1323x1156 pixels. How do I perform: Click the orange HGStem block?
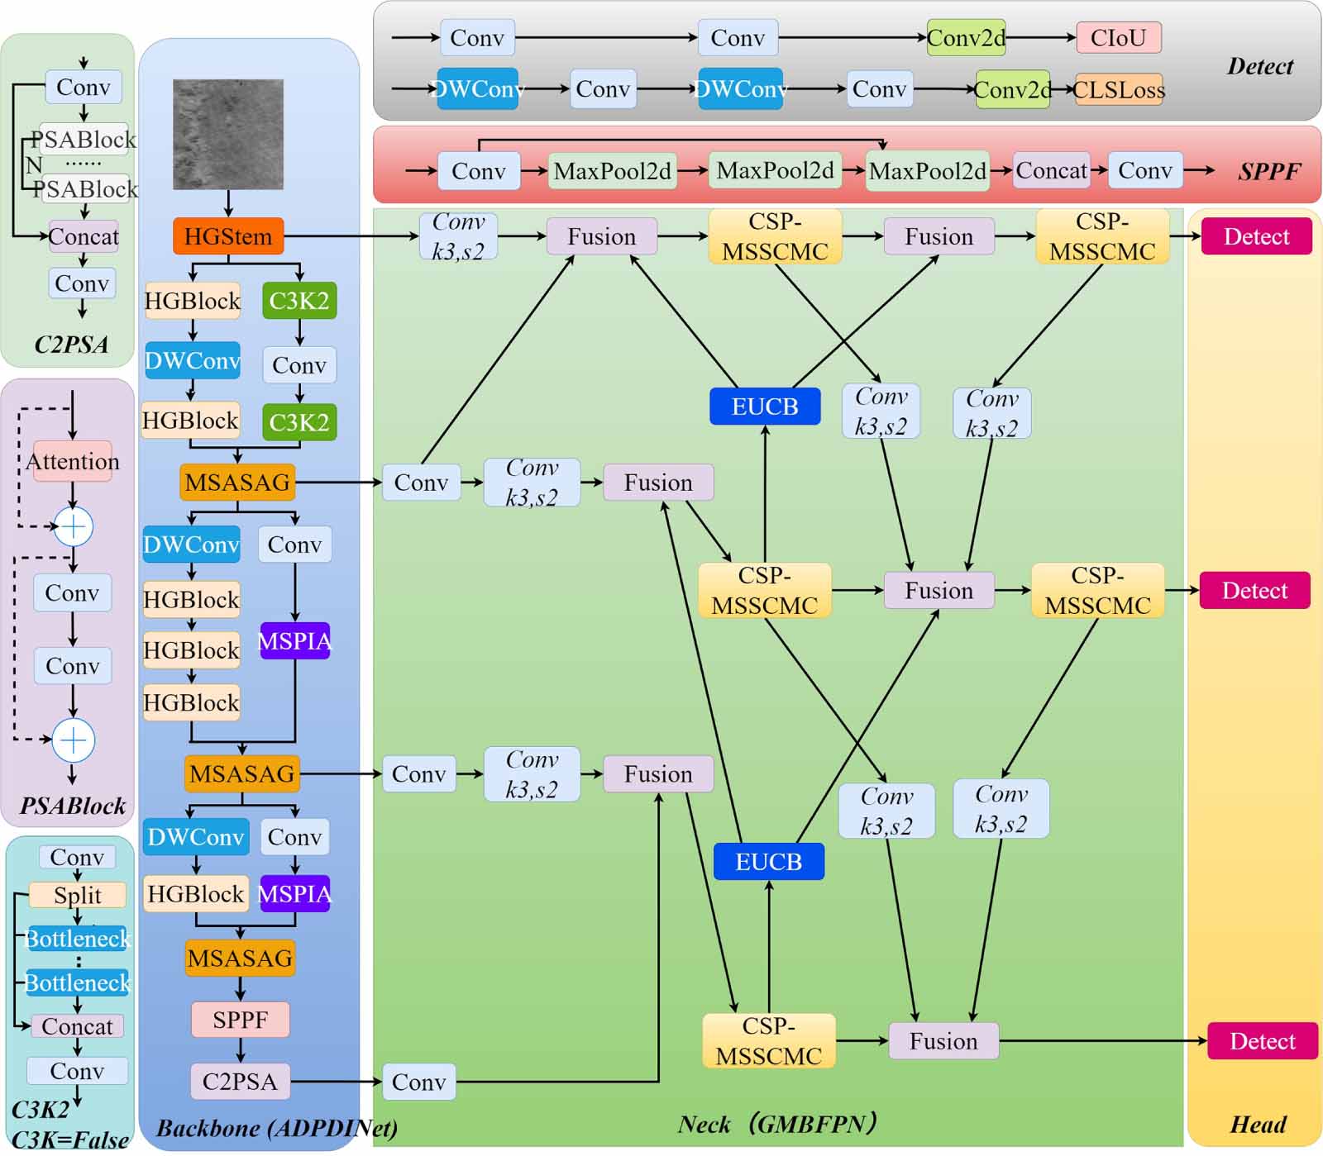pyautogui.click(x=228, y=236)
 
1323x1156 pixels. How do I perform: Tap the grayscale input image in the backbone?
pyautogui.click(x=228, y=134)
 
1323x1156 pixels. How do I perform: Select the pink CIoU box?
pyautogui.click(x=1118, y=38)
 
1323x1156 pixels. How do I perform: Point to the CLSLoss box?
pyautogui.click(x=1119, y=89)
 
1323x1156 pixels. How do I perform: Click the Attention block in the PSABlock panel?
pyautogui.click(x=73, y=461)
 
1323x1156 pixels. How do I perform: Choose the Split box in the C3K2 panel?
pyautogui.click(x=78, y=895)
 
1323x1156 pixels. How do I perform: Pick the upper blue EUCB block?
pyautogui.click(x=765, y=407)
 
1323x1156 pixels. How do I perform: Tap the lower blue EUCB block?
pyautogui.click(x=768, y=862)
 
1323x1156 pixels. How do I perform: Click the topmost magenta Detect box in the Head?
pyautogui.click(x=1256, y=236)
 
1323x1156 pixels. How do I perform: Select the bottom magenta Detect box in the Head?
pyautogui.click(x=1262, y=1041)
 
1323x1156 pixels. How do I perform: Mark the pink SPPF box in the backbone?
pyautogui.click(x=240, y=1020)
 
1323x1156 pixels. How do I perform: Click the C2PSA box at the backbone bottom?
pyautogui.click(x=240, y=1082)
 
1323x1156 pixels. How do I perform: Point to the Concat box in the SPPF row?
pyautogui.click(x=1051, y=170)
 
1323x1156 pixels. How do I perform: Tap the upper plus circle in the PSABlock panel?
pyautogui.click(x=73, y=526)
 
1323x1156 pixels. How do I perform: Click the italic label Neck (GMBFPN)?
pyautogui.click(x=776, y=1125)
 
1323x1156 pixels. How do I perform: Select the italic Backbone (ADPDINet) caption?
pyautogui.click(x=276, y=1128)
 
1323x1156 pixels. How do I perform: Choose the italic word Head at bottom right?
pyautogui.click(x=1258, y=1125)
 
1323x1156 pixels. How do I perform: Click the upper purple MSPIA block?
pyautogui.click(x=295, y=640)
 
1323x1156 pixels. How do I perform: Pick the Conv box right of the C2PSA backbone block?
pyautogui.click(x=418, y=1082)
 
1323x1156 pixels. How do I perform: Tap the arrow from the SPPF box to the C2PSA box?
pyautogui.click(x=240, y=1050)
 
